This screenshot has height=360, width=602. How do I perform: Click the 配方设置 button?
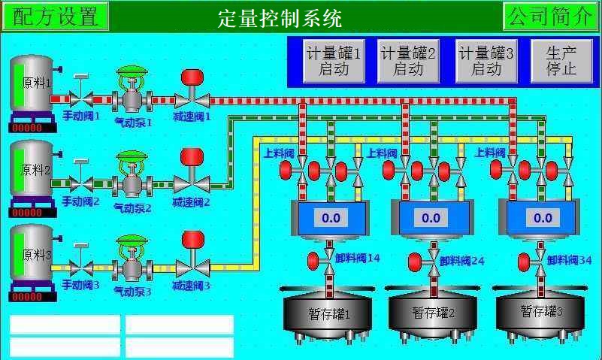[x=56, y=16]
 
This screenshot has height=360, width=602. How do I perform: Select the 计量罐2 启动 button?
[x=407, y=61]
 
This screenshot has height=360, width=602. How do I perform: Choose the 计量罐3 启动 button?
[x=486, y=61]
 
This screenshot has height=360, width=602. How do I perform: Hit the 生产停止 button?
[x=561, y=61]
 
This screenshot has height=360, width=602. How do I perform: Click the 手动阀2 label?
[x=80, y=201]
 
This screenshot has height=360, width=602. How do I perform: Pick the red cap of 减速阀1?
[x=192, y=77]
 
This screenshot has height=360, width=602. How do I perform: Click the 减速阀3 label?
[x=192, y=286]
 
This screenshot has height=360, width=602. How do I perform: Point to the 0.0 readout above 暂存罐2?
[x=431, y=218]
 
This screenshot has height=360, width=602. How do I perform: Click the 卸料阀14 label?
[x=358, y=259]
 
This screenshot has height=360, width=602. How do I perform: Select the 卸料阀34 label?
[x=570, y=260]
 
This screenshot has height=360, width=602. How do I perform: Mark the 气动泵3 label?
[x=133, y=290]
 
